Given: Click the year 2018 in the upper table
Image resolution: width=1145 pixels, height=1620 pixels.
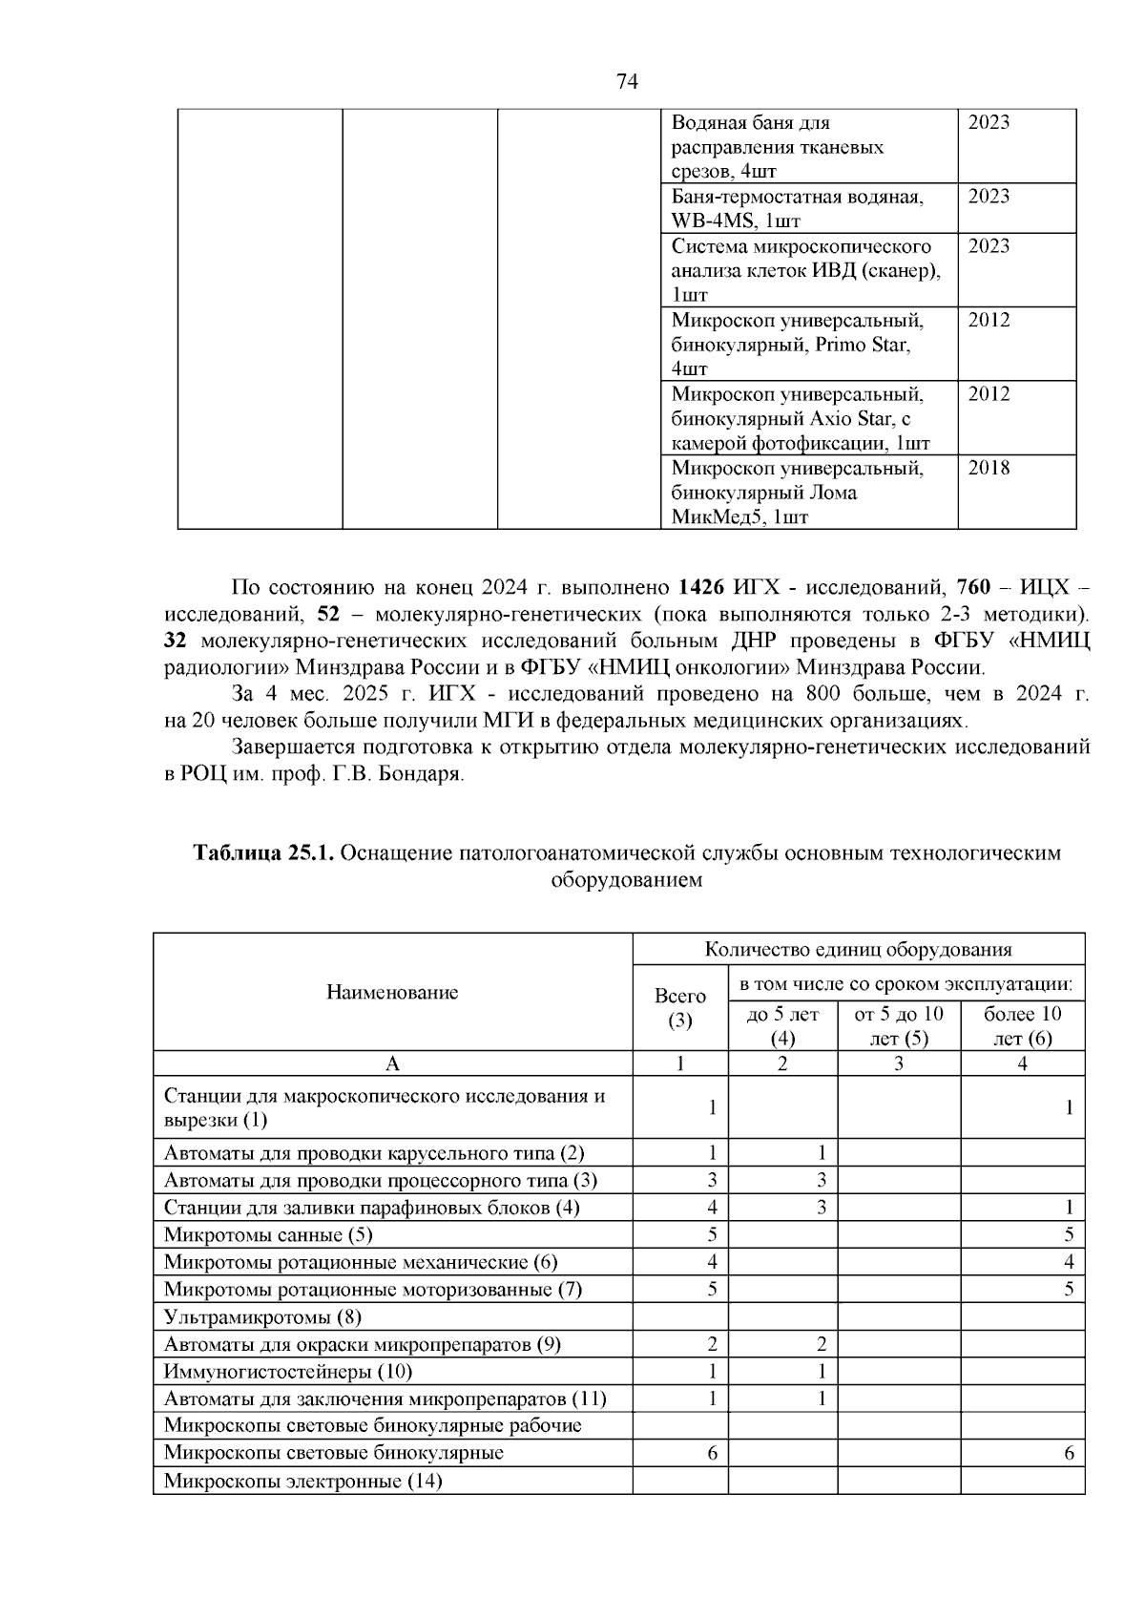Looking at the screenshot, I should [x=989, y=468].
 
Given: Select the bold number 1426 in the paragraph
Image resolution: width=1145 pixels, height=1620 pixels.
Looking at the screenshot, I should [x=704, y=585].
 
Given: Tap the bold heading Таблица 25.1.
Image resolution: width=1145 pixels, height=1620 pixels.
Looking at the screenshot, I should [x=263, y=852].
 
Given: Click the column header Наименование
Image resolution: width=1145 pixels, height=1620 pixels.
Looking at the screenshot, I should [x=392, y=992].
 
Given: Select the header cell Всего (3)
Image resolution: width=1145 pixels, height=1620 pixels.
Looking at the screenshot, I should [x=680, y=1007].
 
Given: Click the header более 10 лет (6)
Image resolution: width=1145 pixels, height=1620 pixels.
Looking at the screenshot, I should [x=1022, y=1025].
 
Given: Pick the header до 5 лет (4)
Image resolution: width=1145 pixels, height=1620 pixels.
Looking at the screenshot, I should [x=782, y=1025].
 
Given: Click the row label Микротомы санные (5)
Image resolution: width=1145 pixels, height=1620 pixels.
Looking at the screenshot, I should [x=268, y=1234].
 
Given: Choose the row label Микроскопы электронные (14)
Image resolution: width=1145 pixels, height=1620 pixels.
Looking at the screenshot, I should [x=302, y=1482].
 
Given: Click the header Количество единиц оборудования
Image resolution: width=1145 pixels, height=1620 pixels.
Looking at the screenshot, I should [x=858, y=949].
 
